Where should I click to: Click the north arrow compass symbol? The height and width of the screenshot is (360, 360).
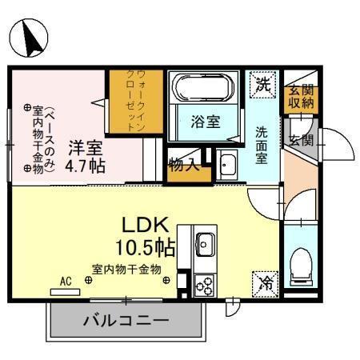click(29, 38)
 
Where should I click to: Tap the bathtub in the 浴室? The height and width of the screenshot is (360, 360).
click(203, 86)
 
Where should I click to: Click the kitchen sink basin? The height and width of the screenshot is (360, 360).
click(205, 245)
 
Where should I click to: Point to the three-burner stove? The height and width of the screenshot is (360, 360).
click(204, 286)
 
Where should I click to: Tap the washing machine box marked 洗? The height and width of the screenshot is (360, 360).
click(262, 85)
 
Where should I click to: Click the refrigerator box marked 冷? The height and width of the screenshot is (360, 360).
click(265, 284)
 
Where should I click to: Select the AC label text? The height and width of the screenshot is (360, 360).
click(66, 282)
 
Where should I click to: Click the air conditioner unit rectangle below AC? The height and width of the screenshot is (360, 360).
click(65, 292)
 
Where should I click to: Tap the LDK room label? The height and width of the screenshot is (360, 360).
click(146, 225)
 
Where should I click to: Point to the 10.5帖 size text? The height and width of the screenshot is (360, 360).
click(146, 248)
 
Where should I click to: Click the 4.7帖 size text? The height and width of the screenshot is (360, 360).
click(85, 166)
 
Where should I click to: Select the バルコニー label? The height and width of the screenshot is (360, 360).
click(126, 320)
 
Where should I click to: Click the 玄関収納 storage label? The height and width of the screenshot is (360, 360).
click(301, 97)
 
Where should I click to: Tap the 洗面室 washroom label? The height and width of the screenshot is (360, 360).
click(262, 145)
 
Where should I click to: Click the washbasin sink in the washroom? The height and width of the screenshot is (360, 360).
click(226, 165)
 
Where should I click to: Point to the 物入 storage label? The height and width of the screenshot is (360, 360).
click(184, 165)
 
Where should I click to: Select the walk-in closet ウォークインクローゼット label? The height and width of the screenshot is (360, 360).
click(136, 101)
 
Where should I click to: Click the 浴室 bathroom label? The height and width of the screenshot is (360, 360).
click(206, 122)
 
